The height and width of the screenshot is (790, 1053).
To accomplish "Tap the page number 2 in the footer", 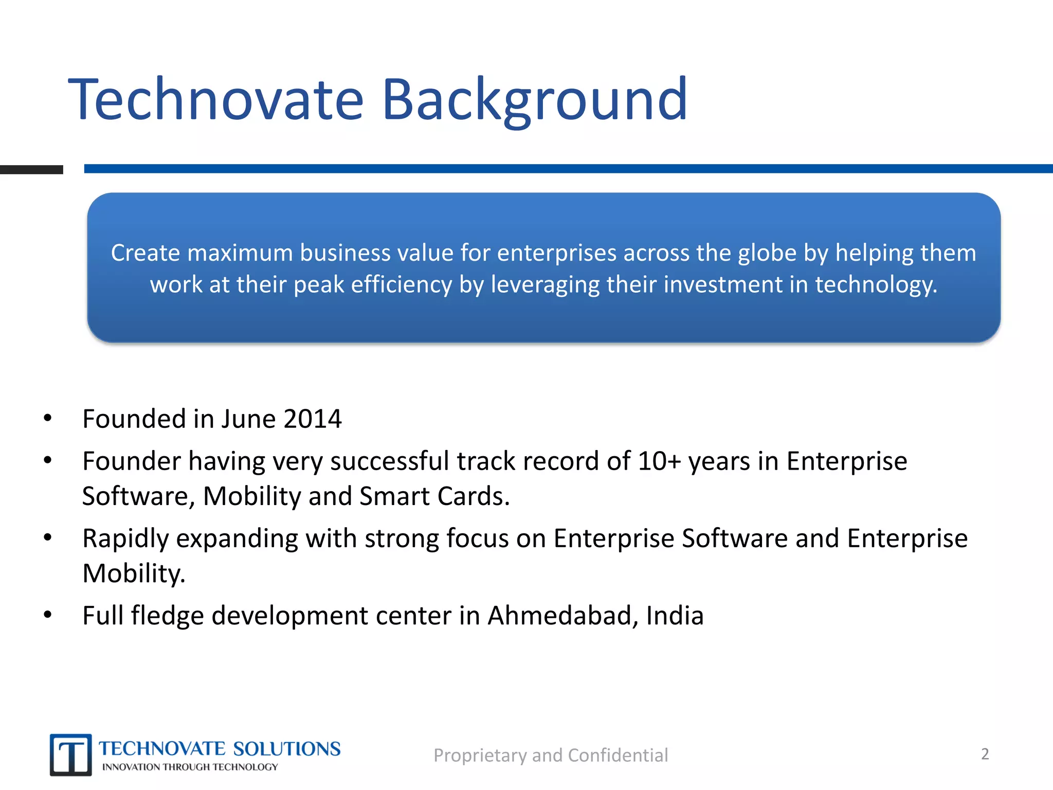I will click(x=985, y=754).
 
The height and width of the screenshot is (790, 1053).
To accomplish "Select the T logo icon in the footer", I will click(x=71, y=755).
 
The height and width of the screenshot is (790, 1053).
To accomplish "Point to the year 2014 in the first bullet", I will click(x=312, y=419).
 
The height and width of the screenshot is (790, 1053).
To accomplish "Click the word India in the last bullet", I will click(x=675, y=616).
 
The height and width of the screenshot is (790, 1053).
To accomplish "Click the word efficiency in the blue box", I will click(x=401, y=285).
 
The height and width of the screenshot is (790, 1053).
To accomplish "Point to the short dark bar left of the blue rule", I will click(x=31, y=170).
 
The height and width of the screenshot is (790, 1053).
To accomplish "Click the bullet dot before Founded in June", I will click(x=48, y=418).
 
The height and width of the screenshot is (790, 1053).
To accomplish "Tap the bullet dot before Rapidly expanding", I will click(x=48, y=538).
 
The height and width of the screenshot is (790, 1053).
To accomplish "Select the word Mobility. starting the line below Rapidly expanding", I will click(x=134, y=573).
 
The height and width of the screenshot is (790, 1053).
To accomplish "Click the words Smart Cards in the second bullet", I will click(x=434, y=496).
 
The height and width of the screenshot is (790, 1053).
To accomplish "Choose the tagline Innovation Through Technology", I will click(x=190, y=767).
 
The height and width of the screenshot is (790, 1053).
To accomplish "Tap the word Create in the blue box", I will click(x=146, y=253).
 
